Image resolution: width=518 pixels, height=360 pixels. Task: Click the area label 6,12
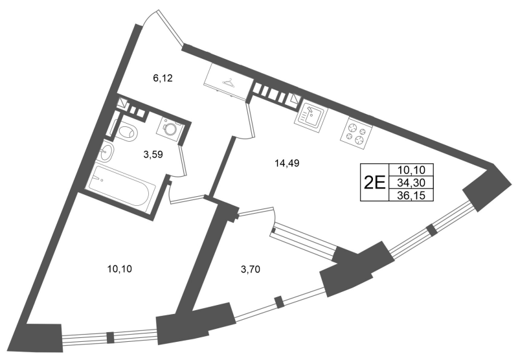point(163,78)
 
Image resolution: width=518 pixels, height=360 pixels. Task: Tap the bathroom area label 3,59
point(153,154)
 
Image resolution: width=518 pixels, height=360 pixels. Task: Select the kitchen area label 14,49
point(287,163)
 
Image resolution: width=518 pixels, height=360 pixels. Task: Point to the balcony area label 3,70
point(251,270)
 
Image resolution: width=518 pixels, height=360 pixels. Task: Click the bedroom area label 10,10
point(120,269)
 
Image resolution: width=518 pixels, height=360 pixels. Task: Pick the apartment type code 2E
point(375,182)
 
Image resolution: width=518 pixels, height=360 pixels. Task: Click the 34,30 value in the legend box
point(411,183)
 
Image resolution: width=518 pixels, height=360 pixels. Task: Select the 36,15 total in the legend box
point(411,196)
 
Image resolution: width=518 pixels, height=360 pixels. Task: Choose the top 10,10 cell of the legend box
point(411,170)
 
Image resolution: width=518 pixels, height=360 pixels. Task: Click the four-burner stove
point(356,133)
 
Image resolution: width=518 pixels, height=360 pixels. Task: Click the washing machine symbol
point(170,127)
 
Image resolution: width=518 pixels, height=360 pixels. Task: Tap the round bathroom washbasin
point(106,152)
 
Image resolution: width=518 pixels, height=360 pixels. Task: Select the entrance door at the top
point(170,27)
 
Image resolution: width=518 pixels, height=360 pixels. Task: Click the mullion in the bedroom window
point(110,337)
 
